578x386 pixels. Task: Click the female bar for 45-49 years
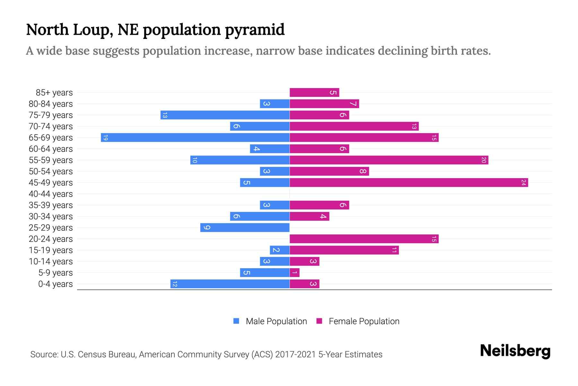408,183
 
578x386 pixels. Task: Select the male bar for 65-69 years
195,138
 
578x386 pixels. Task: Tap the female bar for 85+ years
314,93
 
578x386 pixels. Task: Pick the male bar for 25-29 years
245,228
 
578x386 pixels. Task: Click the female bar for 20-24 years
364,239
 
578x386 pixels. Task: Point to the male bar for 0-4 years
230,284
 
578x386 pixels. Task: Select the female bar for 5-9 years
294,273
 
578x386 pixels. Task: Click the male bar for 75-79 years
225,115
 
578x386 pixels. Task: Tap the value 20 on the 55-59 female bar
484,160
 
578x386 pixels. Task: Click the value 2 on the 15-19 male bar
276,250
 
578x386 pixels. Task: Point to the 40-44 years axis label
51,194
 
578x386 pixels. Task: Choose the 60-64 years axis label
51,149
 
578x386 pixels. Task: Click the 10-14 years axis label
51,262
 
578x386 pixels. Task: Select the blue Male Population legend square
236,321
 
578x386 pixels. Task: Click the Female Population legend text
364,321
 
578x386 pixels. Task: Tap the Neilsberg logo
515,351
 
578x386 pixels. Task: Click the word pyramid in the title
254,30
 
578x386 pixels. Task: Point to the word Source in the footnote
44,354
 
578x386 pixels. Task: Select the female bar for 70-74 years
354,126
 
